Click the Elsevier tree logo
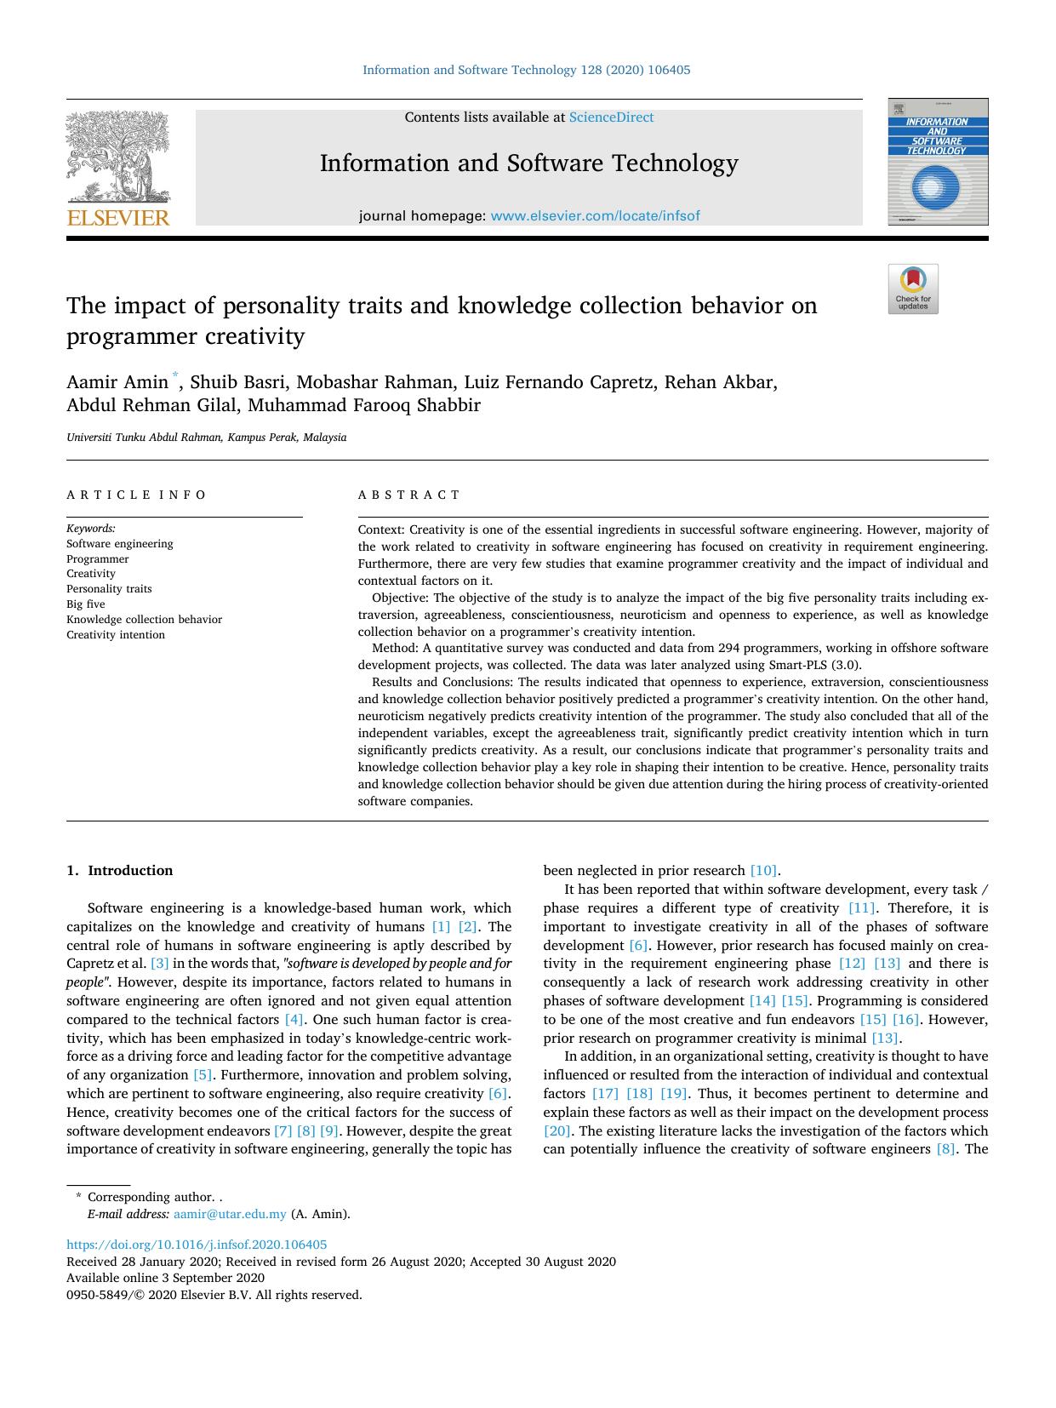coord(118,157)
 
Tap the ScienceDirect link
coord(611,117)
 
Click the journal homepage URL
coord(595,216)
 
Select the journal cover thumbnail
coord(938,162)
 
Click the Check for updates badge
coord(913,289)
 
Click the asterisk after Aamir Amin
coord(176,375)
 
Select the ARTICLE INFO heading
coord(136,495)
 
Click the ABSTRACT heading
coord(408,495)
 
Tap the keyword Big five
coord(86,604)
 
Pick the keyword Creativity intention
coord(116,635)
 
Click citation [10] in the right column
coord(763,871)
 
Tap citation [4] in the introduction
coord(294,1020)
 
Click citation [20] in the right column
coord(557,1131)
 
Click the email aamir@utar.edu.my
coord(230,1215)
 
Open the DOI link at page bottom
coord(197,1245)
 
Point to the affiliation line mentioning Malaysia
coord(207,438)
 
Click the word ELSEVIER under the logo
coord(118,218)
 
